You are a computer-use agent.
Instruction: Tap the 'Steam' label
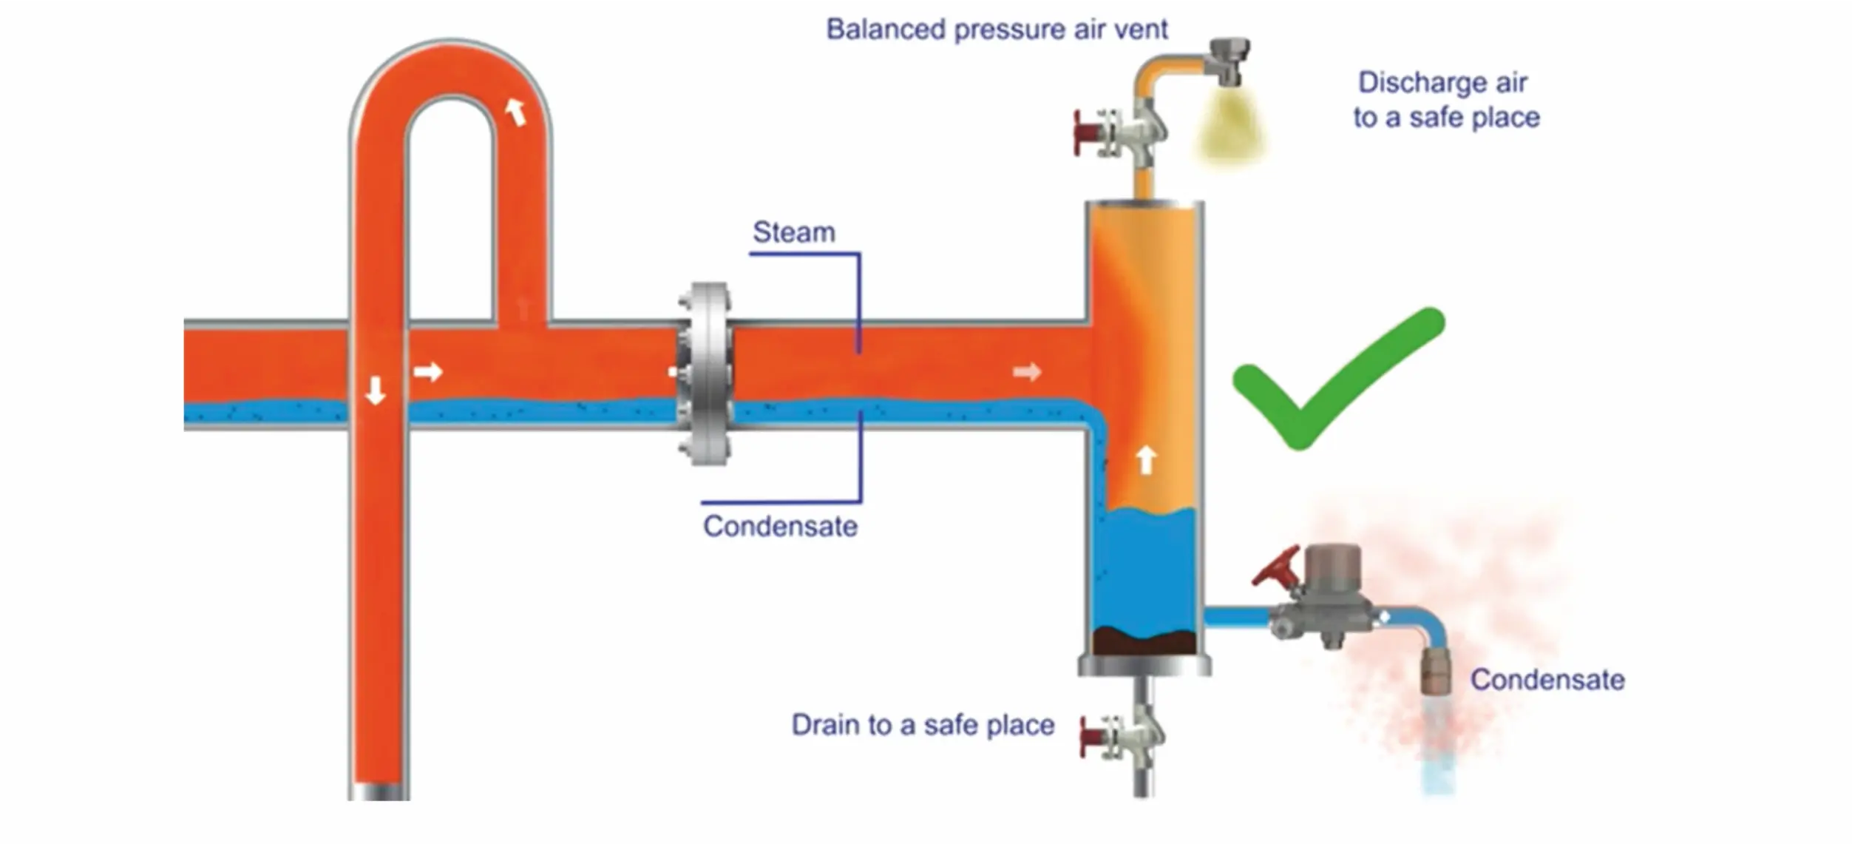[x=793, y=232]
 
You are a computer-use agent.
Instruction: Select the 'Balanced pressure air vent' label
[x=996, y=30]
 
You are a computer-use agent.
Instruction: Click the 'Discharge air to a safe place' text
[x=1445, y=100]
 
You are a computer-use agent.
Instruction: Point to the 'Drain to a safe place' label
[x=922, y=725]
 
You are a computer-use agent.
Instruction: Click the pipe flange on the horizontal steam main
[x=706, y=374]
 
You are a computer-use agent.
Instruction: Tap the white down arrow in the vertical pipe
[x=376, y=390]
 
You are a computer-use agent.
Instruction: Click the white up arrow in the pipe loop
[x=515, y=112]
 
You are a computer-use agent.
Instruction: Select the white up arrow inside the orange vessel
[x=1145, y=459]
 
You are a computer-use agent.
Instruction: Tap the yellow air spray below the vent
[x=1229, y=129]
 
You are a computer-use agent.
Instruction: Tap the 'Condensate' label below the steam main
[x=780, y=527]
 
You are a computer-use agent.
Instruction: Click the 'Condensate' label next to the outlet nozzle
[x=1547, y=680]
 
